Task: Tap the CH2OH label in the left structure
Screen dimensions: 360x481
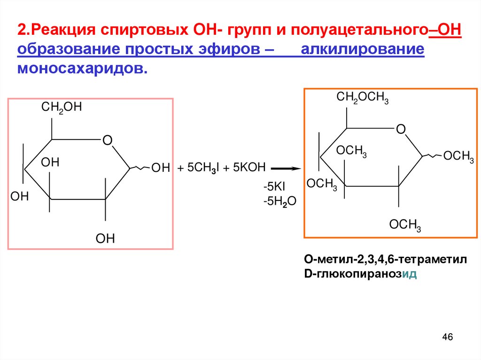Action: [62, 107]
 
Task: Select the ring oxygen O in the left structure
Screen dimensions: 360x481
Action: [107, 140]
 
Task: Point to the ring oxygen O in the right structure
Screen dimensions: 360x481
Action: [400, 129]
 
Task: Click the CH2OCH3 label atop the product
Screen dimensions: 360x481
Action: [362, 98]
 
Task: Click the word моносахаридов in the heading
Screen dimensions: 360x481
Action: [82, 68]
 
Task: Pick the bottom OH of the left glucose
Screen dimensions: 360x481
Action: [105, 238]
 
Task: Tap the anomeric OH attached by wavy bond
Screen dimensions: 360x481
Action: [160, 168]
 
